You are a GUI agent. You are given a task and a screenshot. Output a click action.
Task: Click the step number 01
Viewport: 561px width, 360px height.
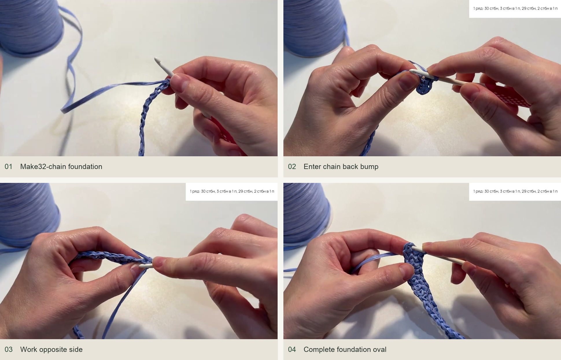8,167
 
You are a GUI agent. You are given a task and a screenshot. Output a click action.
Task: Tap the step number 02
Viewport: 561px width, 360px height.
292,167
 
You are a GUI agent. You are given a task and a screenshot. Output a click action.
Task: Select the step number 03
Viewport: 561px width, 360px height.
8,350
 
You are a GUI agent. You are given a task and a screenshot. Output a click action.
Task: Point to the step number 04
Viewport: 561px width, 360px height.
292,350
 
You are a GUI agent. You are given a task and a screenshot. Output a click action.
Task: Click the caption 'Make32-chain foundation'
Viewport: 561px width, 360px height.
61,167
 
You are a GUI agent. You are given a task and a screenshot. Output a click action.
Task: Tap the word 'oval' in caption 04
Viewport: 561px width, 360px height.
379,350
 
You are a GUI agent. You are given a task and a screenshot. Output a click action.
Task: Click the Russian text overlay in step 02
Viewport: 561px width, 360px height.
515,9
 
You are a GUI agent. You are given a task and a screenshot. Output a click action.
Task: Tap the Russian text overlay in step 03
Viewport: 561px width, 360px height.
232,192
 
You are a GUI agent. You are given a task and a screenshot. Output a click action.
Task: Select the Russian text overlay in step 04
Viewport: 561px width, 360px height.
515,192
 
